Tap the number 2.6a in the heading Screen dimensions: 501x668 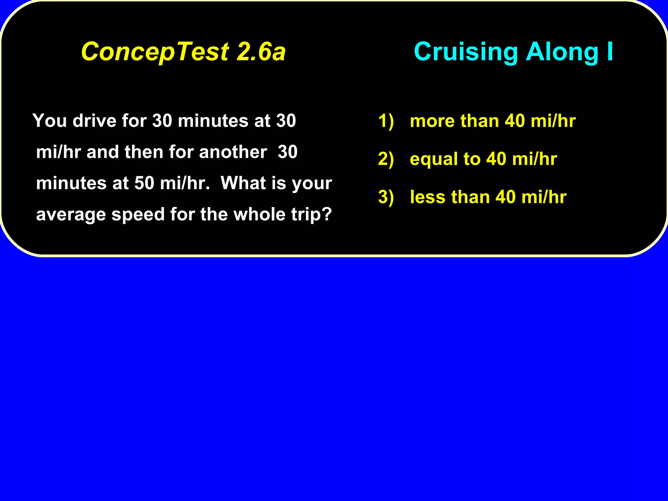[x=261, y=52]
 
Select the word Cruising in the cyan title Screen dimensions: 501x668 [x=466, y=52]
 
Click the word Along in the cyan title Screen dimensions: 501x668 [x=562, y=52]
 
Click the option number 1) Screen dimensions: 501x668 [x=386, y=121]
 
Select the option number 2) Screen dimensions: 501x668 [x=386, y=159]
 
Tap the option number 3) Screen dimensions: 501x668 [x=386, y=197]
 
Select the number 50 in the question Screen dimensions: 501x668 [x=144, y=183]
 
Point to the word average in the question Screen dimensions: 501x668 [x=71, y=215]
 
